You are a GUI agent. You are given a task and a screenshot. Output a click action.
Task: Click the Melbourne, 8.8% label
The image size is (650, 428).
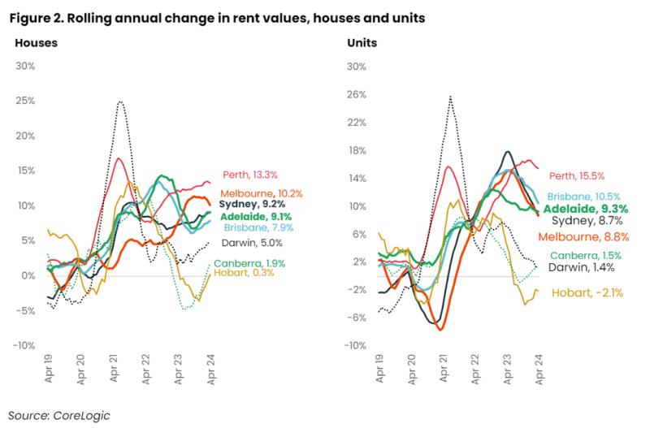tap(583, 236)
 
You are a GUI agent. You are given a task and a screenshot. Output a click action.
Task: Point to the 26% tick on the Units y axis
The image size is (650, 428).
tap(358, 94)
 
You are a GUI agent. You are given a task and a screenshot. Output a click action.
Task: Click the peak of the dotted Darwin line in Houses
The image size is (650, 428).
tap(120, 102)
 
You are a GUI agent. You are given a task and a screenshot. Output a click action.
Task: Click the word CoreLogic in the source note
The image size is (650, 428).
tap(80, 415)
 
